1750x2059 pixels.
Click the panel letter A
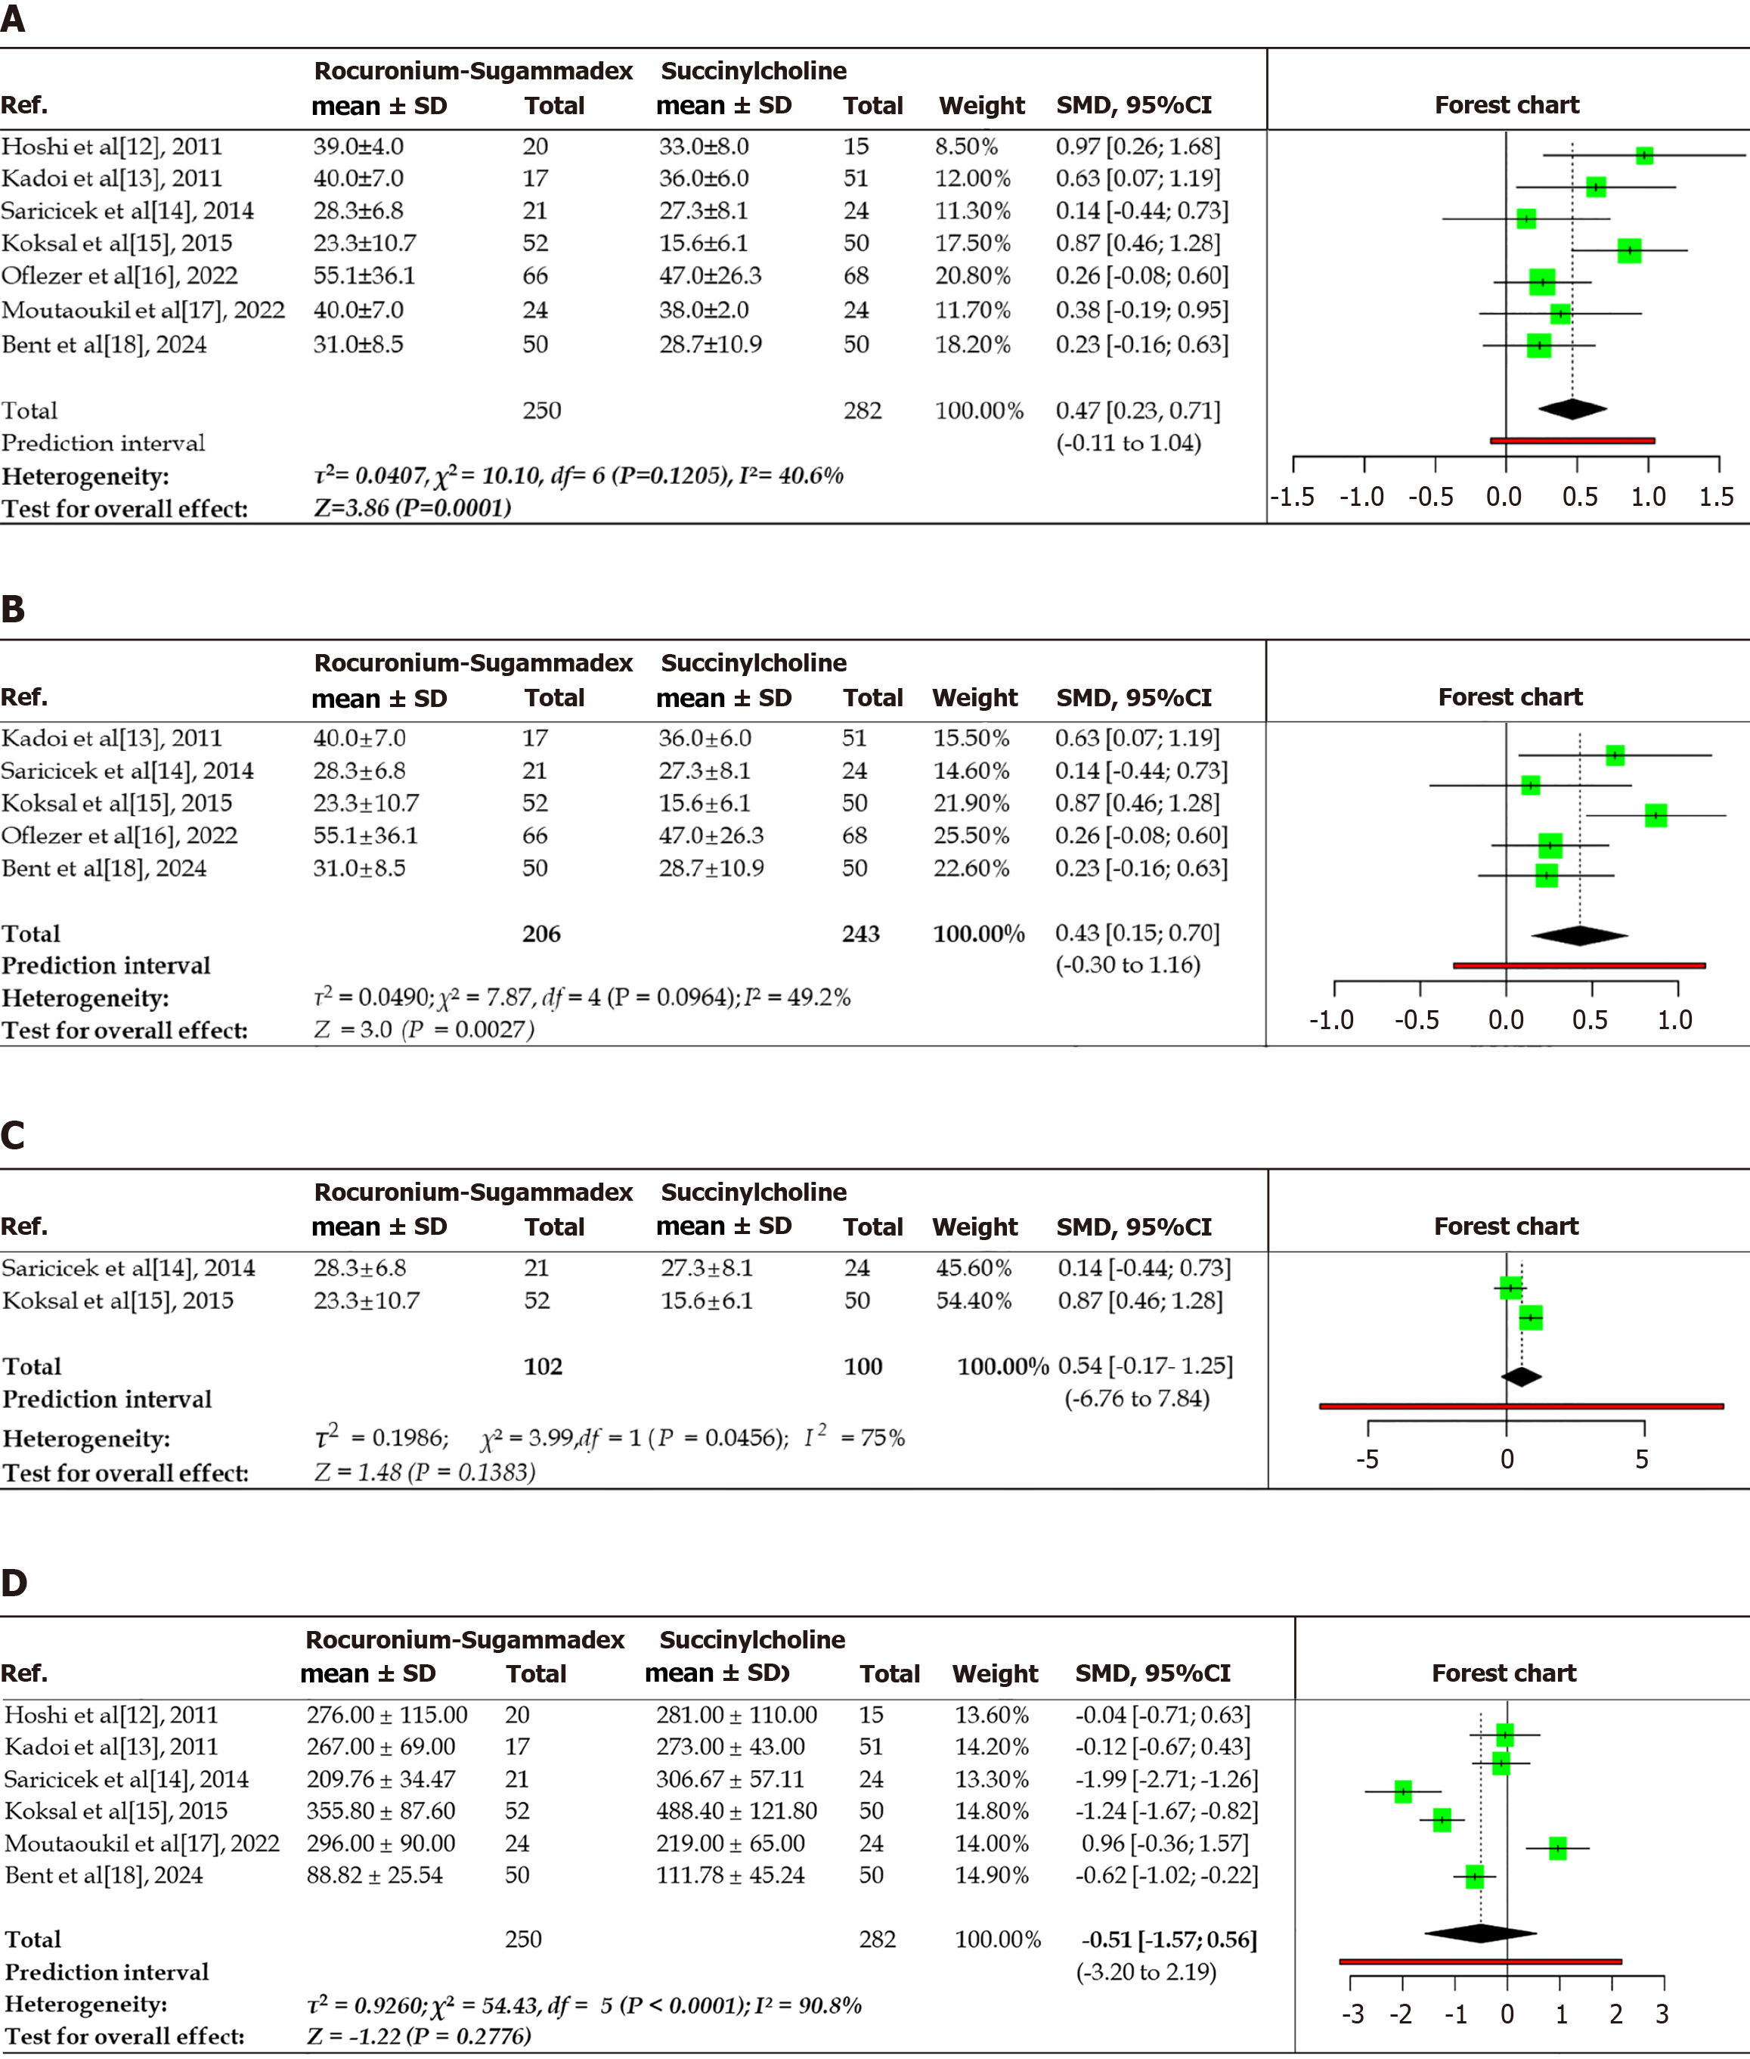point(13,18)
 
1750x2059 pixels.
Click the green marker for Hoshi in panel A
point(1644,156)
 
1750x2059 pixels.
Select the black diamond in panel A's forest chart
point(1572,408)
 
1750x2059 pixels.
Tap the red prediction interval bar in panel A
point(1572,439)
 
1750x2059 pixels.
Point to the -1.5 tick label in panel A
point(1293,497)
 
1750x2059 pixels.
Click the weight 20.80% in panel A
point(971,276)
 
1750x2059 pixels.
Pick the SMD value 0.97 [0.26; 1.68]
point(1138,147)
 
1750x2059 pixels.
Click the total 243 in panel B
point(860,934)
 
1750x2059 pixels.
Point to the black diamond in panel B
point(1579,935)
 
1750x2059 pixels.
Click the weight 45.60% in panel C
point(973,1268)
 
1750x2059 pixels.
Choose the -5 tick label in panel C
point(1367,1459)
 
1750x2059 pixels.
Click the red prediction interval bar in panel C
point(1521,1406)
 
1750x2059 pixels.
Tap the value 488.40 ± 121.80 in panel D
point(736,1811)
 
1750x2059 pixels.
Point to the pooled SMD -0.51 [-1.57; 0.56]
point(1169,1940)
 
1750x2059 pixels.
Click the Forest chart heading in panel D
point(1503,1673)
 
